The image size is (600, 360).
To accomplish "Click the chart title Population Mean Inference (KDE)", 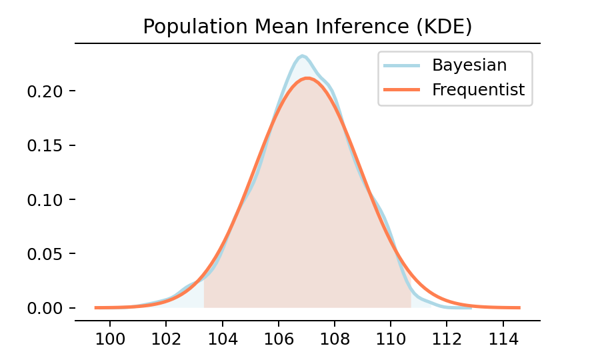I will (x=307, y=27).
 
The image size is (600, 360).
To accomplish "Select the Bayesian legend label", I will (x=469, y=65).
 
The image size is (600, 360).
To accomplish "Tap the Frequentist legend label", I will (x=478, y=89).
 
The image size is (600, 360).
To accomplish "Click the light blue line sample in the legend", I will (x=401, y=65).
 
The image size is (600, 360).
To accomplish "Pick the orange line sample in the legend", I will (x=401, y=89).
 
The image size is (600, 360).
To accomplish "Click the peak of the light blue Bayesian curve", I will (x=302, y=55).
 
